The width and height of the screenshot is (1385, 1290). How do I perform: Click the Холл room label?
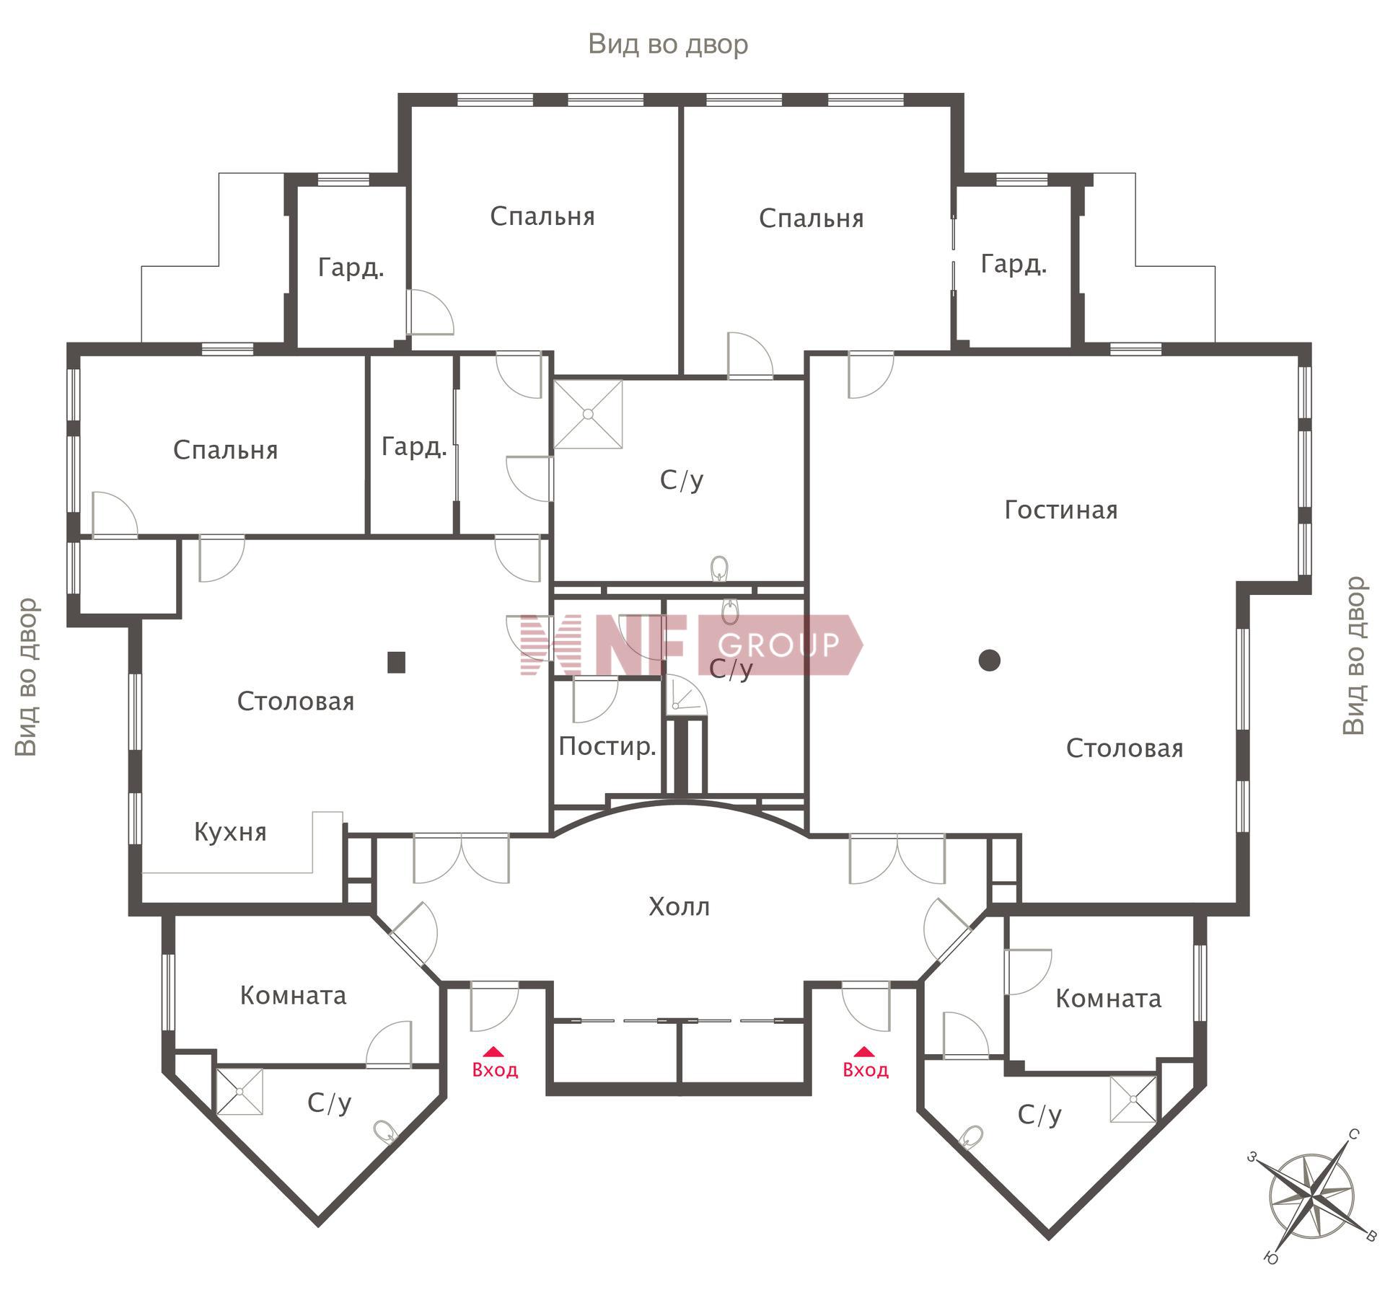(x=679, y=906)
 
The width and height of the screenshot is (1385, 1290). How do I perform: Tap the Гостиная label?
(x=1061, y=511)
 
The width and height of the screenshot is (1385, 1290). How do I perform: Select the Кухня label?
(x=230, y=832)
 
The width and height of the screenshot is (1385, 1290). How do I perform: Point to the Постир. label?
(x=607, y=746)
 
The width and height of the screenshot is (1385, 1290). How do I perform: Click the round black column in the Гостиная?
(x=990, y=660)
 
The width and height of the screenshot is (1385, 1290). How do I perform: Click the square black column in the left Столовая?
(x=396, y=662)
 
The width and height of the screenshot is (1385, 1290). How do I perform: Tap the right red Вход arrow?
(x=864, y=1051)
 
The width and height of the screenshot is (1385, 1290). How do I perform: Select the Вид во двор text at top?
(x=668, y=44)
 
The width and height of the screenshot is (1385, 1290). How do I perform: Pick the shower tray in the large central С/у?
(x=588, y=415)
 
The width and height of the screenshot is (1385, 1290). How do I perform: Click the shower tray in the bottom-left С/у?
(x=239, y=1092)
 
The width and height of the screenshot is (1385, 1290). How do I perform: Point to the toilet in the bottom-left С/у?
(x=386, y=1132)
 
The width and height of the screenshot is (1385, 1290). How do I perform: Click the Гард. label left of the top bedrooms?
(x=351, y=268)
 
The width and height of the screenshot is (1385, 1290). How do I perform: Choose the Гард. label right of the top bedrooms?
(x=1014, y=265)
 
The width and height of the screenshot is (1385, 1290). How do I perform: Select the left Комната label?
(x=293, y=996)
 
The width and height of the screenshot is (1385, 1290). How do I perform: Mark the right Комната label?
(x=1109, y=999)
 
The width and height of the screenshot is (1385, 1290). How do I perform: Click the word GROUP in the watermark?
(x=779, y=645)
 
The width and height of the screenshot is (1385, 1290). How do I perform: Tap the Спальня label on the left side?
(x=226, y=451)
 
